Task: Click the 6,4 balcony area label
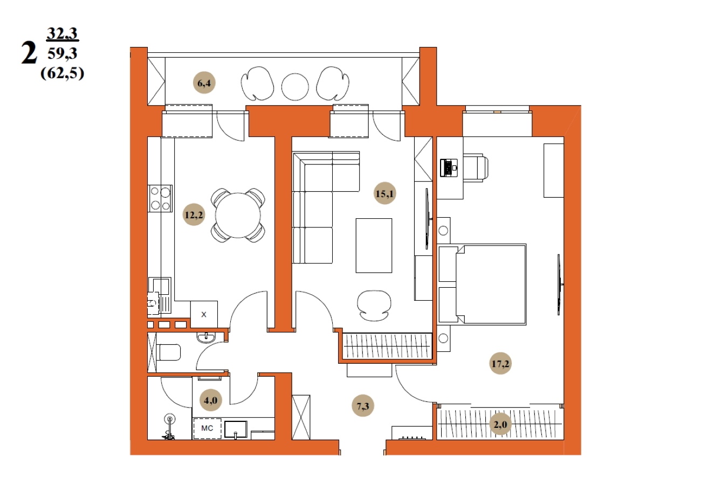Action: click(x=204, y=83)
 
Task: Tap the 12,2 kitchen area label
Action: click(x=194, y=215)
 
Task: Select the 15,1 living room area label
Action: click(x=384, y=193)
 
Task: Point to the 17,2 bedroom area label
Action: click(x=500, y=363)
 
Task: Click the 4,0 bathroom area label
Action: click(x=211, y=400)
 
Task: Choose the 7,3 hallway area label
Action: click(x=363, y=406)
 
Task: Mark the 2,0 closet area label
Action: click(x=500, y=424)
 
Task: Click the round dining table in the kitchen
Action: click(x=238, y=215)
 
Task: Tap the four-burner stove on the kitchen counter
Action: click(x=160, y=198)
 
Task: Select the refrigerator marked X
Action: click(x=204, y=314)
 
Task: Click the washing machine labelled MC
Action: click(x=207, y=428)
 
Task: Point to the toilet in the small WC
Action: click(x=169, y=352)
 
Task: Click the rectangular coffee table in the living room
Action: click(x=374, y=246)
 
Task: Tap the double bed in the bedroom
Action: click(x=482, y=284)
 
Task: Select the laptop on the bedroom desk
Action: click(x=449, y=168)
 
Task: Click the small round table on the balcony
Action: click(x=295, y=87)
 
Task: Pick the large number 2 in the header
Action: click(x=29, y=53)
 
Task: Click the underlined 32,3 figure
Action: click(x=62, y=33)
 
